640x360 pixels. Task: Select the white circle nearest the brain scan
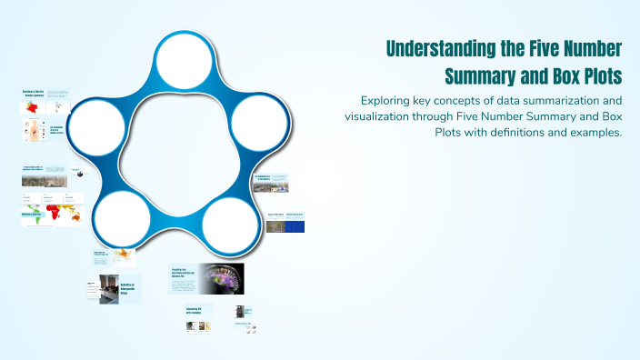coord(229,219)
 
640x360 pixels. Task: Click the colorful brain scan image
coord(222,278)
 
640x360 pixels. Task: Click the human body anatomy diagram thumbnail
coord(34,130)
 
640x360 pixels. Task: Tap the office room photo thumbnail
coord(109,289)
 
